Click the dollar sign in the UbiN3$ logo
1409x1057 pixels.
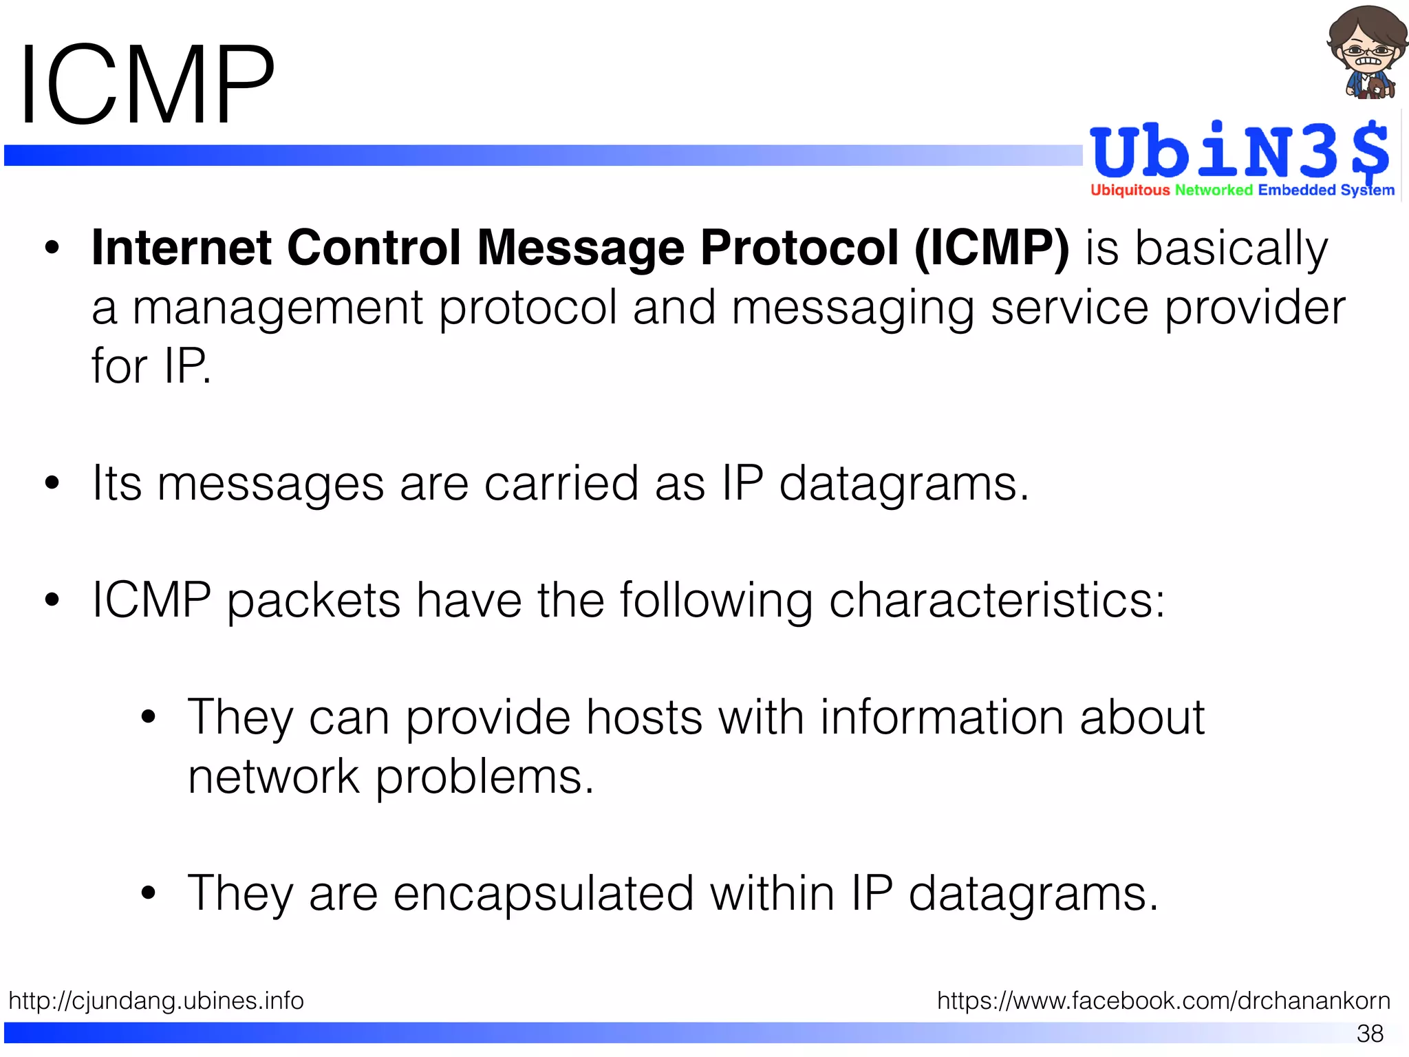click(x=1369, y=150)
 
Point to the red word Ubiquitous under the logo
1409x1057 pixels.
click(x=1130, y=190)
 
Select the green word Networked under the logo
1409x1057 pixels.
click(x=1214, y=190)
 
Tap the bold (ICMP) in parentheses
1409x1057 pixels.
click(x=991, y=247)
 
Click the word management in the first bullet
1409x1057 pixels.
click(x=277, y=308)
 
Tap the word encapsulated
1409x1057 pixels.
click(x=544, y=893)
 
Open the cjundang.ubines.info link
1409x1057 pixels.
click(x=156, y=1001)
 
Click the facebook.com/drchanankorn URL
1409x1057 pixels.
click(x=1163, y=1001)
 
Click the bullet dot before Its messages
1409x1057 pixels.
click(x=52, y=483)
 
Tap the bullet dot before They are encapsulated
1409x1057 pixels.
click(x=148, y=893)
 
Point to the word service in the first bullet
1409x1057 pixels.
click(x=1069, y=308)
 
